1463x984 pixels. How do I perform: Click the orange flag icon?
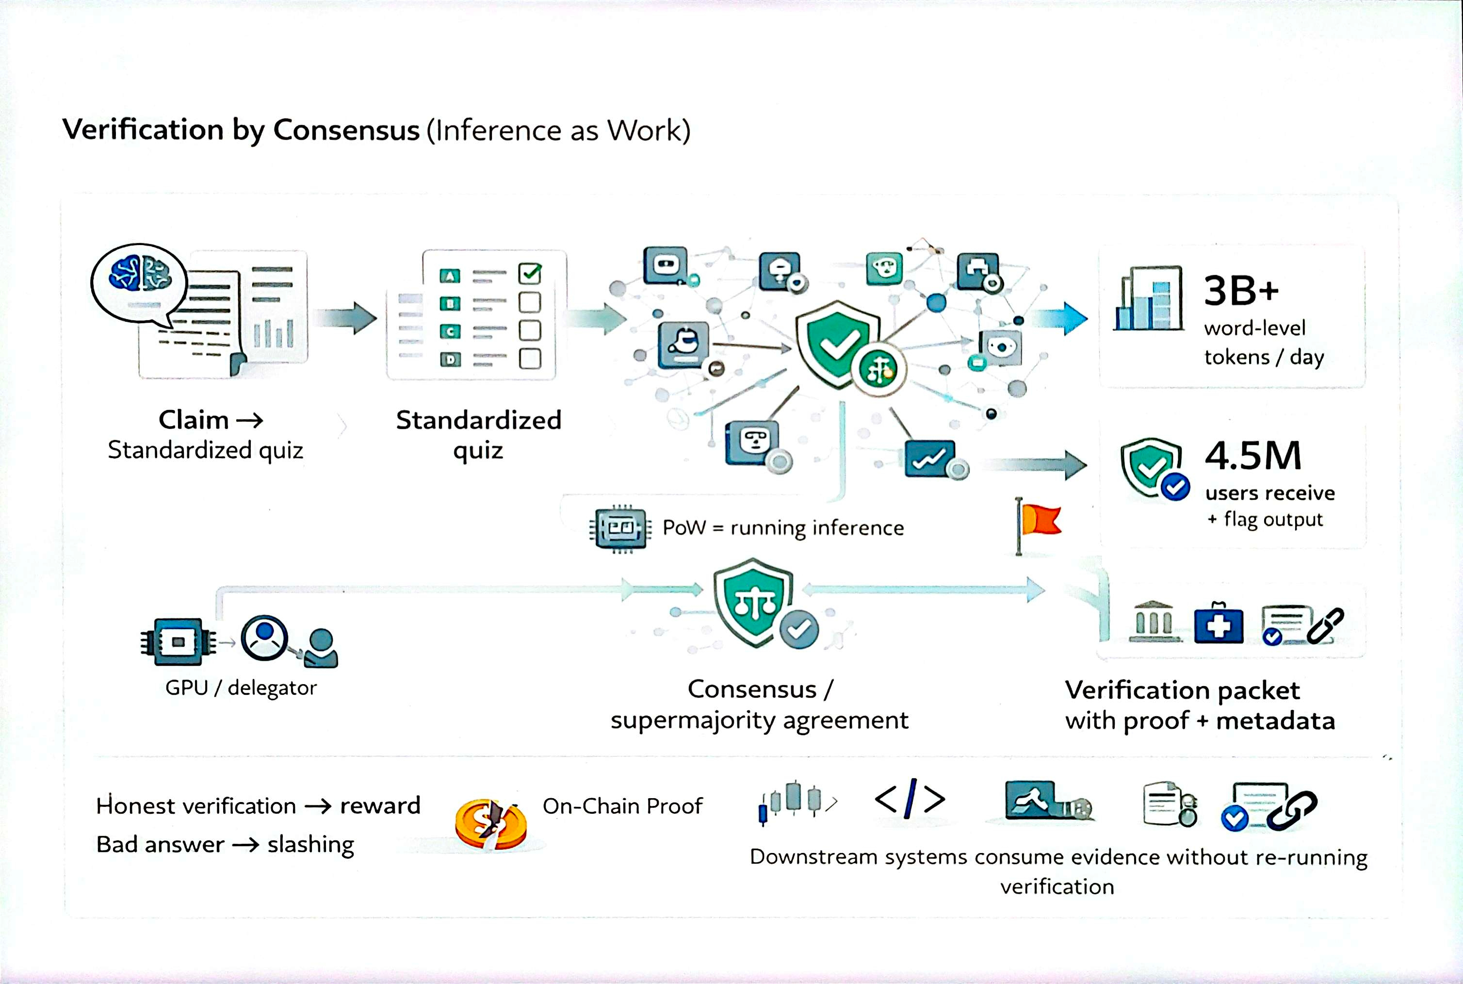(x=1040, y=521)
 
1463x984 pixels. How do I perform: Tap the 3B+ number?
(x=1240, y=291)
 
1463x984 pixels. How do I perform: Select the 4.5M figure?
(x=1253, y=456)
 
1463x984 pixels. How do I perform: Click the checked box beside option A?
(x=530, y=274)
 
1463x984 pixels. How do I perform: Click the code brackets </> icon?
(x=910, y=800)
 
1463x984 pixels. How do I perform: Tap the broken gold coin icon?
(x=490, y=823)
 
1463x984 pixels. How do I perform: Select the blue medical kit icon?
(x=1219, y=624)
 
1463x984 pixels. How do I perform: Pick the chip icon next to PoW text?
(x=620, y=528)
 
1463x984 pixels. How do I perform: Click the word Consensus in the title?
(x=346, y=130)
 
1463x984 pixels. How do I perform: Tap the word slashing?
(x=310, y=845)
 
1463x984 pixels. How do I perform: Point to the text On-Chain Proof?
(x=622, y=806)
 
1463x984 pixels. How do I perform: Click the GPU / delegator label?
(x=241, y=688)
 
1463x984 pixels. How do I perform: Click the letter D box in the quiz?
(x=450, y=360)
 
